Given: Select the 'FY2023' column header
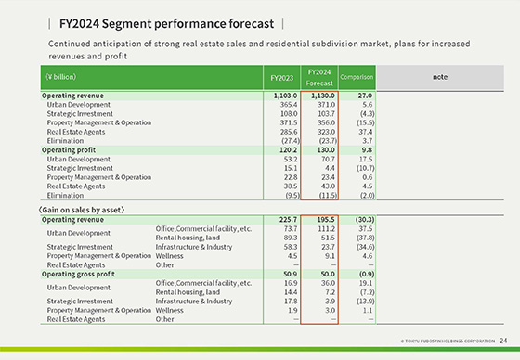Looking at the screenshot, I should (x=282, y=78).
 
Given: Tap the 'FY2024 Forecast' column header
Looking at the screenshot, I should (x=318, y=78).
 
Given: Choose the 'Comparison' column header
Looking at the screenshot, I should (x=356, y=78).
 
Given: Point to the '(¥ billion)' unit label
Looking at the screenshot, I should (x=61, y=78).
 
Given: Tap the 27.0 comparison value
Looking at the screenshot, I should (x=365, y=96).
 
